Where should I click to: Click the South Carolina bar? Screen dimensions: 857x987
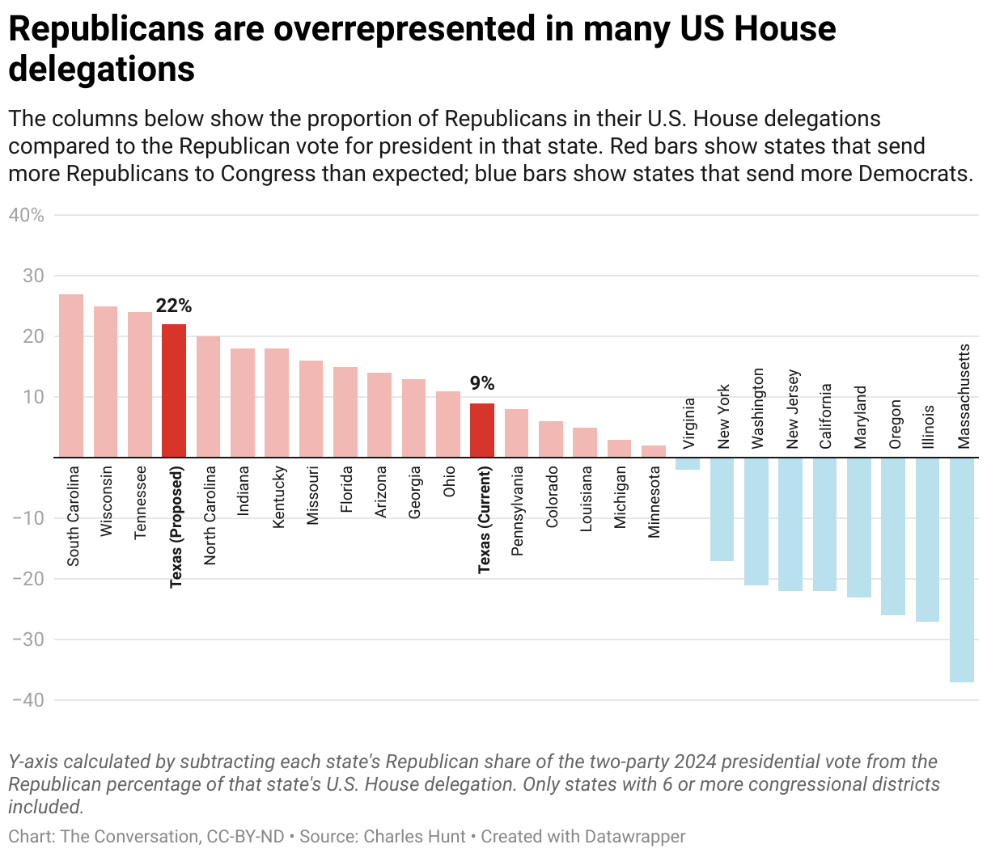click(71, 376)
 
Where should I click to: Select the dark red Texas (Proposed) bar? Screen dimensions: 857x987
click(174, 391)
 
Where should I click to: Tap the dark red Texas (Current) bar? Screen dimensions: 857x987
click(482, 430)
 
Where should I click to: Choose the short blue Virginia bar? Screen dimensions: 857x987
click(688, 464)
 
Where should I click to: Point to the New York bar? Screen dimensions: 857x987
click(722, 509)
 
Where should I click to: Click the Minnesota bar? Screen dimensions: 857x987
click(654, 451)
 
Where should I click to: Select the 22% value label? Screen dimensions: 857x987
click(174, 306)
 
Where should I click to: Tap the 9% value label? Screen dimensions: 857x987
click(482, 383)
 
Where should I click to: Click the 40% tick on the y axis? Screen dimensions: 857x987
click(26, 215)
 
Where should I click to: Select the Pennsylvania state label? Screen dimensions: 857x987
click(518, 511)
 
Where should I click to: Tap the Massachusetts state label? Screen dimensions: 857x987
click(964, 395)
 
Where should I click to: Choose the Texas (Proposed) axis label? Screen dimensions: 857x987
click(176, 526)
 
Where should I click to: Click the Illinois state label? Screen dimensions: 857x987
click(929, 426)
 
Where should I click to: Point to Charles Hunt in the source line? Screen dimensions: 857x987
click(415, 837)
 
